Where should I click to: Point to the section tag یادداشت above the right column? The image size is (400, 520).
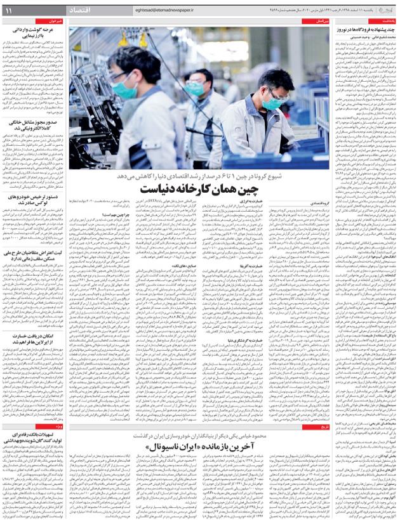[x=384, y=21]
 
